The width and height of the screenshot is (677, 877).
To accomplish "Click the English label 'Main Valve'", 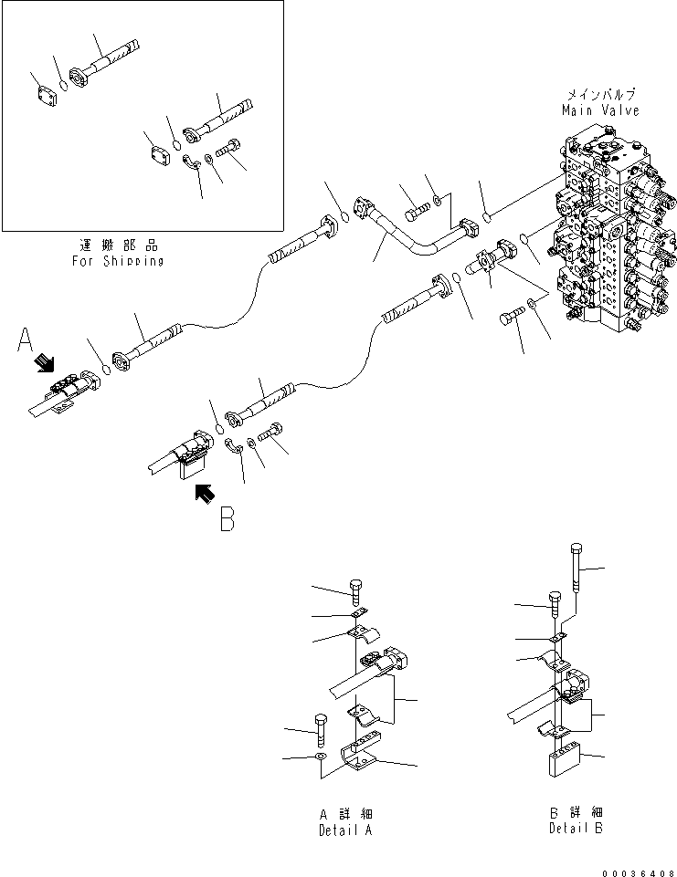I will point(600,110).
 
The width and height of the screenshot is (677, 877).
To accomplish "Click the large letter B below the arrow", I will point(227,519).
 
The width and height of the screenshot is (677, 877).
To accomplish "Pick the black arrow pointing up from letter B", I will point(207,493).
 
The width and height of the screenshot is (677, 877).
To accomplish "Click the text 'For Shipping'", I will point(118,261).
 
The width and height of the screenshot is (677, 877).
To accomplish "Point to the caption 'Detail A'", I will point(345,830).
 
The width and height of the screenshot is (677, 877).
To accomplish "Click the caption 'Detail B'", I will point(576,828).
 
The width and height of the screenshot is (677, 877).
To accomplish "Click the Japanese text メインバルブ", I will point(600,95).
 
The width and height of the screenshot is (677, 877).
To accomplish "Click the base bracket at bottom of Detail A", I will point(363,756).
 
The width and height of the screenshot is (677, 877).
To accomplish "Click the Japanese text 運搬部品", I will point(119,245).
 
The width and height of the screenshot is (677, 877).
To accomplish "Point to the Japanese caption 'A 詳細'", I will point(345,813).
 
